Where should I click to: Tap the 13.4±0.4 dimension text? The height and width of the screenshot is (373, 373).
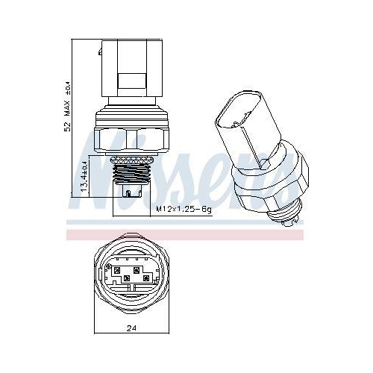click(84, 174)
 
